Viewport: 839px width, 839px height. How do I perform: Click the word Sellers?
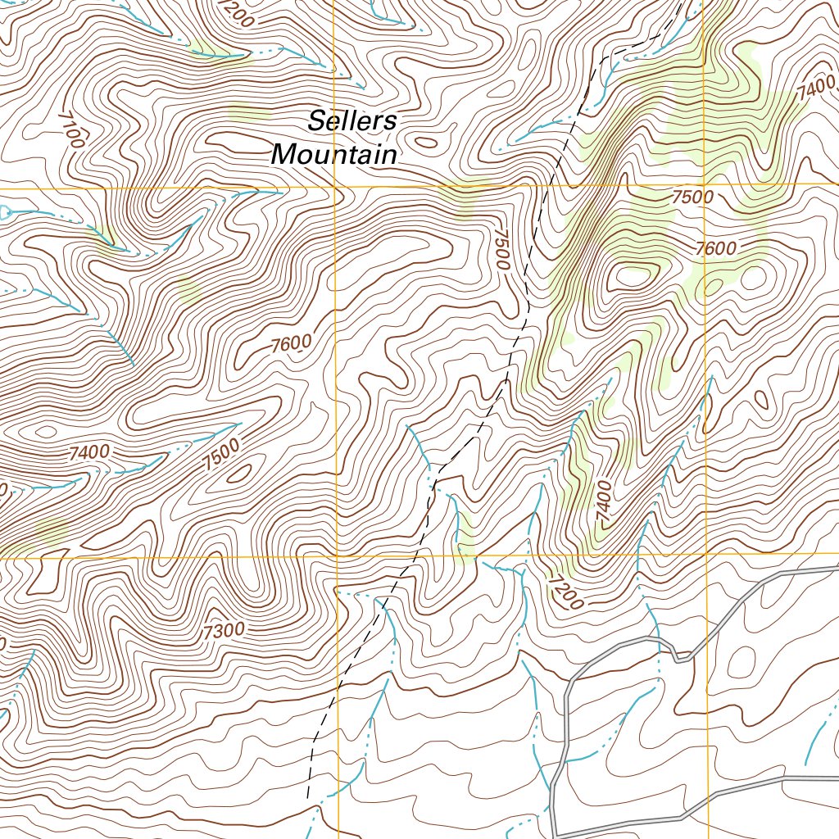click(x=352, y=121)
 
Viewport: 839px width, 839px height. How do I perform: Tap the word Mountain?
click(x=334, y=154)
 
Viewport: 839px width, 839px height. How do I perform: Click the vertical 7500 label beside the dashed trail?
click(x=501, y=249)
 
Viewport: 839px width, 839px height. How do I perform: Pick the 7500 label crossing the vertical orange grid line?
click(x=692, y=197)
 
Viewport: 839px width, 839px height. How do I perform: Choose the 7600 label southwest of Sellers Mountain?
click(x=291, y=344)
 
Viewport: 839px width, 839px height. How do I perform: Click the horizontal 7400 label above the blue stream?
click(x=90, y=451)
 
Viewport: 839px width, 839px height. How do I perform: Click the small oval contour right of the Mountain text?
click(x=425, y=142)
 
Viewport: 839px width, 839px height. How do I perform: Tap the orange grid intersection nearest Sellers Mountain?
click(x=336, y=187)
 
